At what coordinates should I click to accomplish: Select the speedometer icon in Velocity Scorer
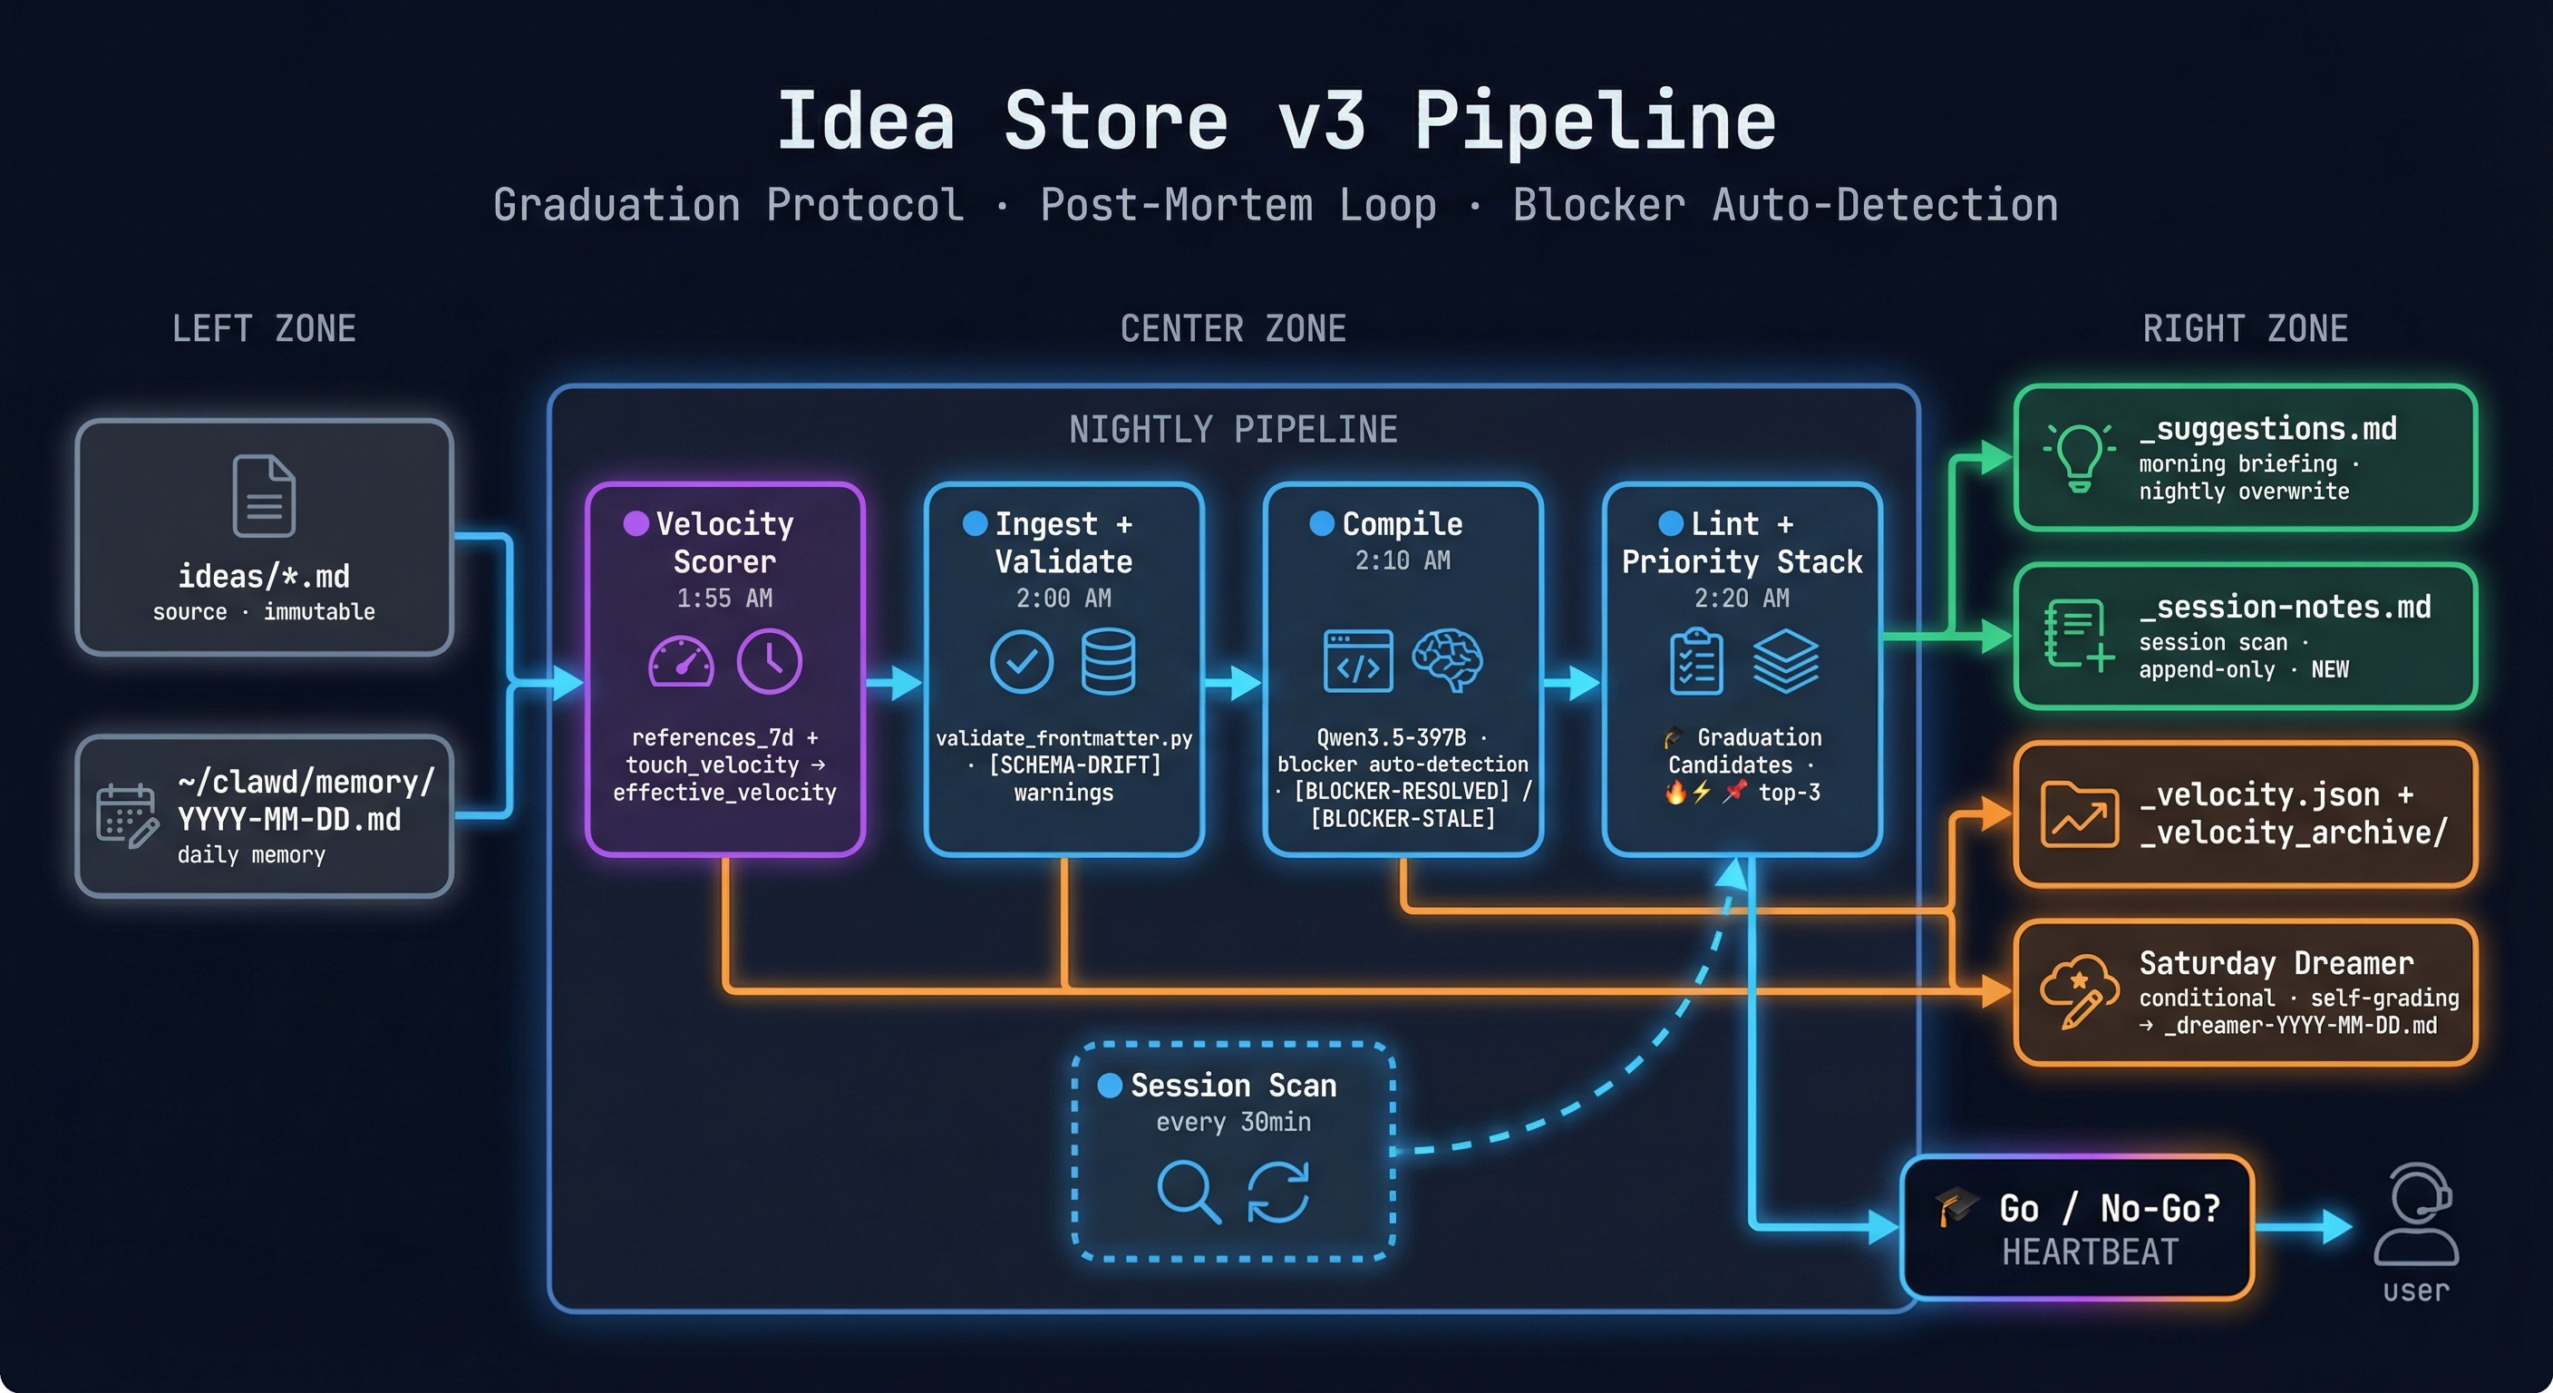point(681,661)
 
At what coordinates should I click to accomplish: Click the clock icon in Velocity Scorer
point(769,661)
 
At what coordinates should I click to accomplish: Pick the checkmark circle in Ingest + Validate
point(1022,661)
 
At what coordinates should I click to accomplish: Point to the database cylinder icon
point(1108,661)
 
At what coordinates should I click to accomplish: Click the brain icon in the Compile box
point(1447,661)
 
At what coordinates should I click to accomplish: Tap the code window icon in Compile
point(1358,661)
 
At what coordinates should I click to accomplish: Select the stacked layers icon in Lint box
point(1786,661)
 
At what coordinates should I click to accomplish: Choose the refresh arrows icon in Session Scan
point(1277,1192)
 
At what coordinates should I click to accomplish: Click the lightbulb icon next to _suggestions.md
point(2079,457)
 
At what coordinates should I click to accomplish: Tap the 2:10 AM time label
point(1403,561)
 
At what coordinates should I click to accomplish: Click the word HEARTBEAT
point(2090,1252)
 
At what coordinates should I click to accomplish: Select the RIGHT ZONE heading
point(2245,329)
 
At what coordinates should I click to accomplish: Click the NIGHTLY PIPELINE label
point(1233,429)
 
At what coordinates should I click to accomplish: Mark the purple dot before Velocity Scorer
point(636,523)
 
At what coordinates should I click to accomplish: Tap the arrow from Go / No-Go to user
point(2305,1227)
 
